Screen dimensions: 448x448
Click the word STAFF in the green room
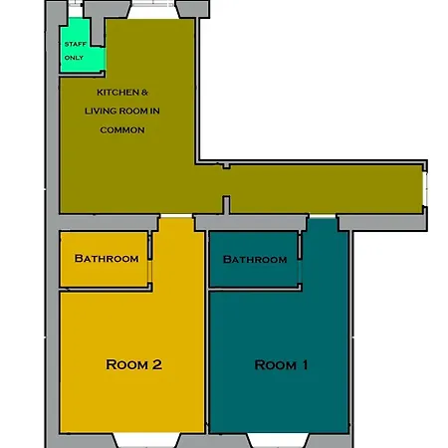click(x=75, y=45)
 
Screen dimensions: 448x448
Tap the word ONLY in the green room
click(x=75, y=58)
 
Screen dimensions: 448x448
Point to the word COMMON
click(x=122, y=129)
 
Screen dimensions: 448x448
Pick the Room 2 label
click(x=133, y=364)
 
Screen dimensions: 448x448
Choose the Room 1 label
click(x=282, y=365)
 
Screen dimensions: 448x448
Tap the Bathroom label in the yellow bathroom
click(x=107, y=259)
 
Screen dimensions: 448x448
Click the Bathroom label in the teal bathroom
click(x=255, y=260)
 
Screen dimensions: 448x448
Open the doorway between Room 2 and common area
click(x=174, y=216)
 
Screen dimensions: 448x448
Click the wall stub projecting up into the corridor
click(x=227, y=204)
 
